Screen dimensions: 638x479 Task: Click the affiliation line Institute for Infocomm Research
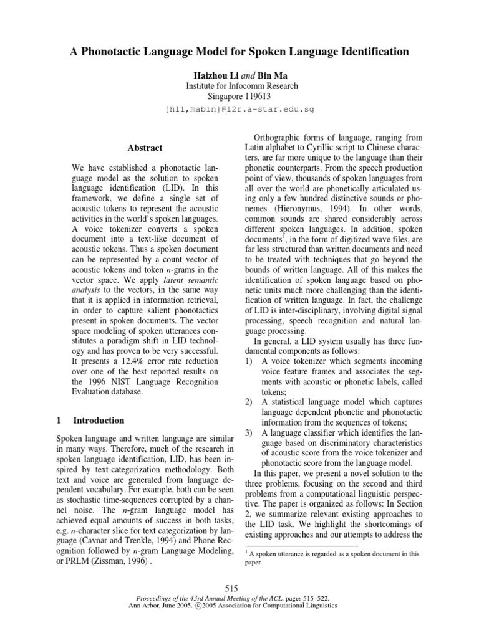click(239, 86)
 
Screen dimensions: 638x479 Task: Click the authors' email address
click(239, 109)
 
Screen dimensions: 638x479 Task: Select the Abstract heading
click(145, 148)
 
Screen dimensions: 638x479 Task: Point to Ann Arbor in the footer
click(146, 606)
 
